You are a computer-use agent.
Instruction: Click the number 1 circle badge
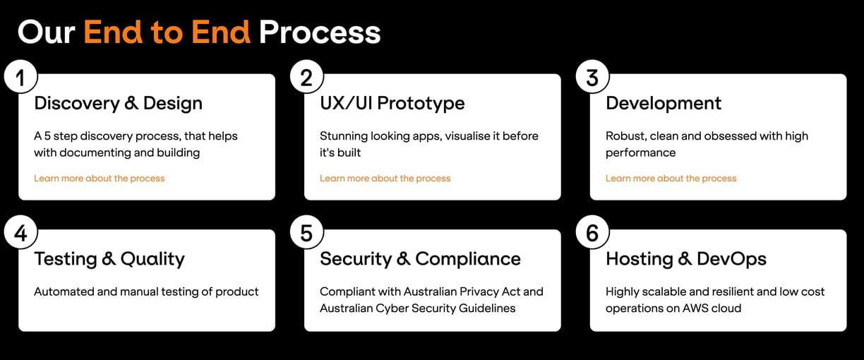[x=21, y=76]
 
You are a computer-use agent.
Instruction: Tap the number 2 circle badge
[x=306, y=76]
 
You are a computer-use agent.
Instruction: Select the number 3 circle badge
[x=592, y=76]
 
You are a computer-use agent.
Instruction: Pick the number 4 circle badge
[x=21, y=232]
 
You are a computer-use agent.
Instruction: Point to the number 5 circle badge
[x=306, y=232]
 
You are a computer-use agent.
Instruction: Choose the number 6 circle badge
[x=592, y=232]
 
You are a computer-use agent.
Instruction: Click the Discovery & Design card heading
[x=118, y=103]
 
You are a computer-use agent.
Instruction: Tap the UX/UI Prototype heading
[x=392, y=103]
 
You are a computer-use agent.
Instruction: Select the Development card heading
[x=664, y=103]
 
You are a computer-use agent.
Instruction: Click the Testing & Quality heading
[x=109, y=259]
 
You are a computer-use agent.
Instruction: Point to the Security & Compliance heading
[x=420, y=259]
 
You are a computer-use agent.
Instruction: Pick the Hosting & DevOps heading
[x=686, y=259]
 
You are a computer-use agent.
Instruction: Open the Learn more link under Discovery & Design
[x=99, y=179]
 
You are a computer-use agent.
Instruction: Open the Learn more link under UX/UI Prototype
[x=385, y=179]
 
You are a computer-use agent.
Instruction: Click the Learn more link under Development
[x=671, y=179]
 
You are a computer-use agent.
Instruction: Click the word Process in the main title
[x=320, y=32]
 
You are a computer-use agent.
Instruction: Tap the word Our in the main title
[x=47, y=32]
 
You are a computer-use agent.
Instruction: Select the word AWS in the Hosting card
[x=697, y=308]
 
